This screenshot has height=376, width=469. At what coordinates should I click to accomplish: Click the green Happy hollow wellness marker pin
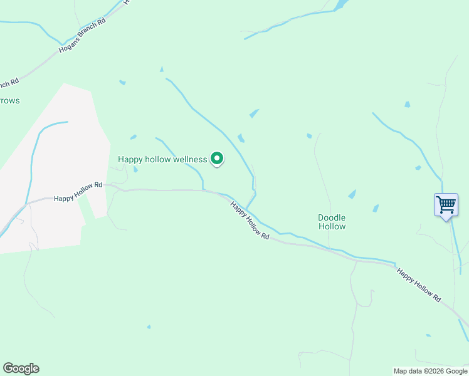click(x=217, y=159)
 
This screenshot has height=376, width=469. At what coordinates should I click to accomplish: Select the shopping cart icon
click(x=446, y=204)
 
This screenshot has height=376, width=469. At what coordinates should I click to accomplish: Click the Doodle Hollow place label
click(x=332, y=222)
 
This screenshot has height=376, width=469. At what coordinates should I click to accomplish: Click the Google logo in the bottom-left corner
click(x=21, y=368)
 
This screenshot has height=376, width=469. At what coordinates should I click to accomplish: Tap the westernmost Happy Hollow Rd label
click(x=78, y=192)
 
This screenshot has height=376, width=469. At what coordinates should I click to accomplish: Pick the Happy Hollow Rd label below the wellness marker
click(x=250, y=221)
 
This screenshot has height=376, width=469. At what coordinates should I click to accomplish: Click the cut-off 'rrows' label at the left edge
click(x=10, y=100)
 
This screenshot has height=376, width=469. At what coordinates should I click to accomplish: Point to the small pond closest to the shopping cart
click(x=418, y=167)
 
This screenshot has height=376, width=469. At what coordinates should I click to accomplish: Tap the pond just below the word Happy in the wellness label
click(x=135, y=169)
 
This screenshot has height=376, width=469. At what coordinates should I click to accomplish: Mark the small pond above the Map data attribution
click(x=429, y=335)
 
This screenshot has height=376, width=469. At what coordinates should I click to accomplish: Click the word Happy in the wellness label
click(x=130, y=159)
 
